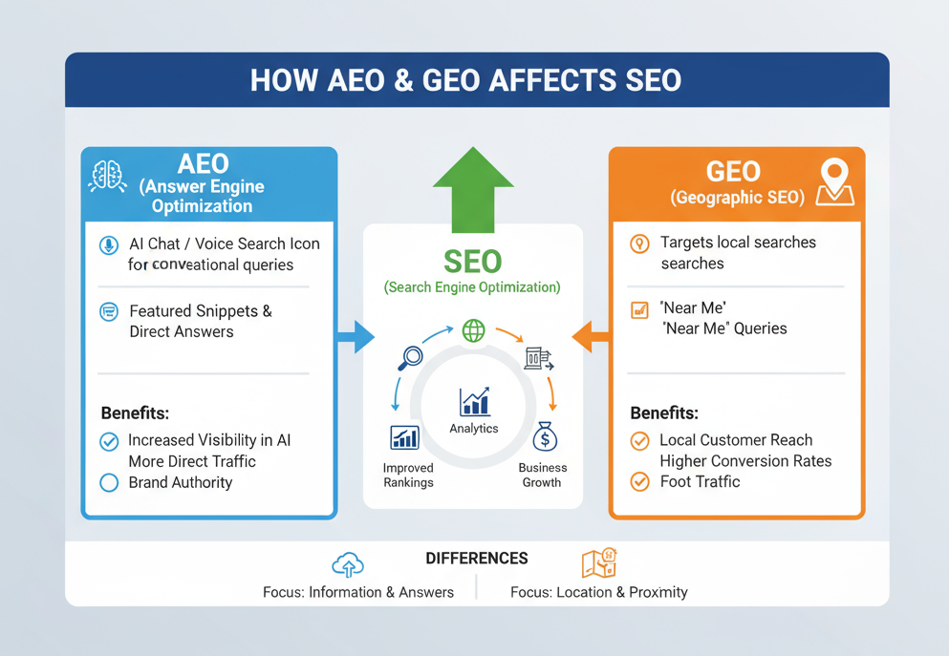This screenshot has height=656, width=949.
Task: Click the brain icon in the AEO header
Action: point(107,176)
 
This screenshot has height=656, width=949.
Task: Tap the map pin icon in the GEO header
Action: point(834,180)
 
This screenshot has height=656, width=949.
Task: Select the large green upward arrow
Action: point(473,188)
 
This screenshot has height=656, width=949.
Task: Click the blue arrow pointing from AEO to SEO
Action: point(355,336)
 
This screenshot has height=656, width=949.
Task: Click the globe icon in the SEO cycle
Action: point(473,330)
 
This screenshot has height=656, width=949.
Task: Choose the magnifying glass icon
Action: point(410,357)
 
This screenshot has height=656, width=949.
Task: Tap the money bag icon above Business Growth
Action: point(544,437)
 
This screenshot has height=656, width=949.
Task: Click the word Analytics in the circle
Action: point(474,429)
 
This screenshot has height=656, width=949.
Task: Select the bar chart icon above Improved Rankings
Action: point(404,437)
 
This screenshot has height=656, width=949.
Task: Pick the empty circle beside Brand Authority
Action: point(109,482)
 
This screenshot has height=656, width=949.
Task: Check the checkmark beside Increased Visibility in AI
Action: point(109,441)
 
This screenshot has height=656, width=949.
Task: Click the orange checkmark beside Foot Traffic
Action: point(639,481)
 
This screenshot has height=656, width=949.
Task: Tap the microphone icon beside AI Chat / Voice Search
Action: point(109,245)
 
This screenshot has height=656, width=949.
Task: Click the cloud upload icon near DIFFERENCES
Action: point(348,564)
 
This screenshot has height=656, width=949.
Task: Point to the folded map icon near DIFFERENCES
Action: point(599,563)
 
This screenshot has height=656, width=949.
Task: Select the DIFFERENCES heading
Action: point(476,559)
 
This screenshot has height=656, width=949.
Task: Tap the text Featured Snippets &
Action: point(201,311)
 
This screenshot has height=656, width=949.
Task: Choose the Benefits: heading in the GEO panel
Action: point(664,413)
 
